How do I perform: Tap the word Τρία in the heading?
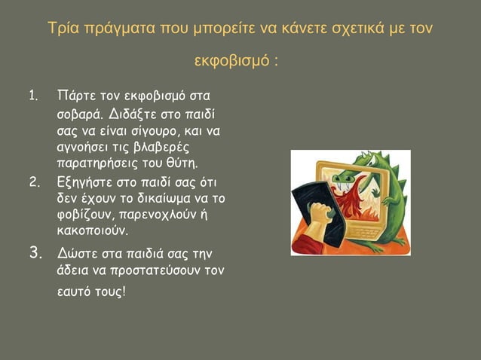point(62,29)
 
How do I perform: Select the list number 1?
point(33,96)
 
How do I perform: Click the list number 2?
point(34,182)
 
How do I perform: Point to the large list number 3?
point(35,252)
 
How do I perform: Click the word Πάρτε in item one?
point(75,97)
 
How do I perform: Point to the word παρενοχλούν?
point(154,213)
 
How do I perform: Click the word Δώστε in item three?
point(77,252)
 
